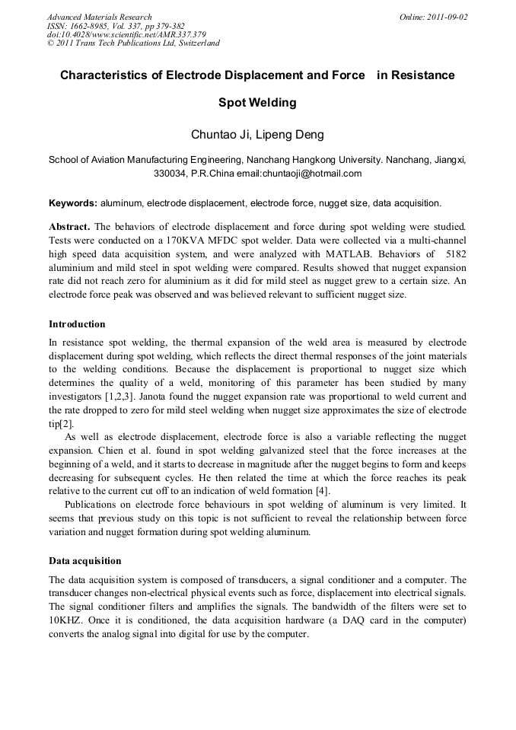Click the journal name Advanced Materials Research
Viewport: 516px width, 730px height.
click(x=99, y=17)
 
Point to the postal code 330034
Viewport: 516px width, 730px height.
click(x=170, y=174)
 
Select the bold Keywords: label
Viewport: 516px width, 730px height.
click(x=72, y=204)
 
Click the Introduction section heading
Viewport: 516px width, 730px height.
click(x=77, y=324)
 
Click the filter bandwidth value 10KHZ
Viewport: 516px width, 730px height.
click(x=65, y=620)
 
